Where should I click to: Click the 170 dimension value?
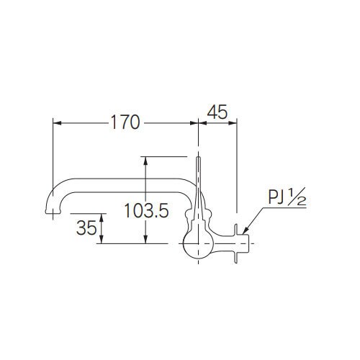click(x=125, y=123)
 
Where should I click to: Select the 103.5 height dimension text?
click(x=146, y=211)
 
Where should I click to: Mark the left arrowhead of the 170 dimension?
click(x=58, y=123)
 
